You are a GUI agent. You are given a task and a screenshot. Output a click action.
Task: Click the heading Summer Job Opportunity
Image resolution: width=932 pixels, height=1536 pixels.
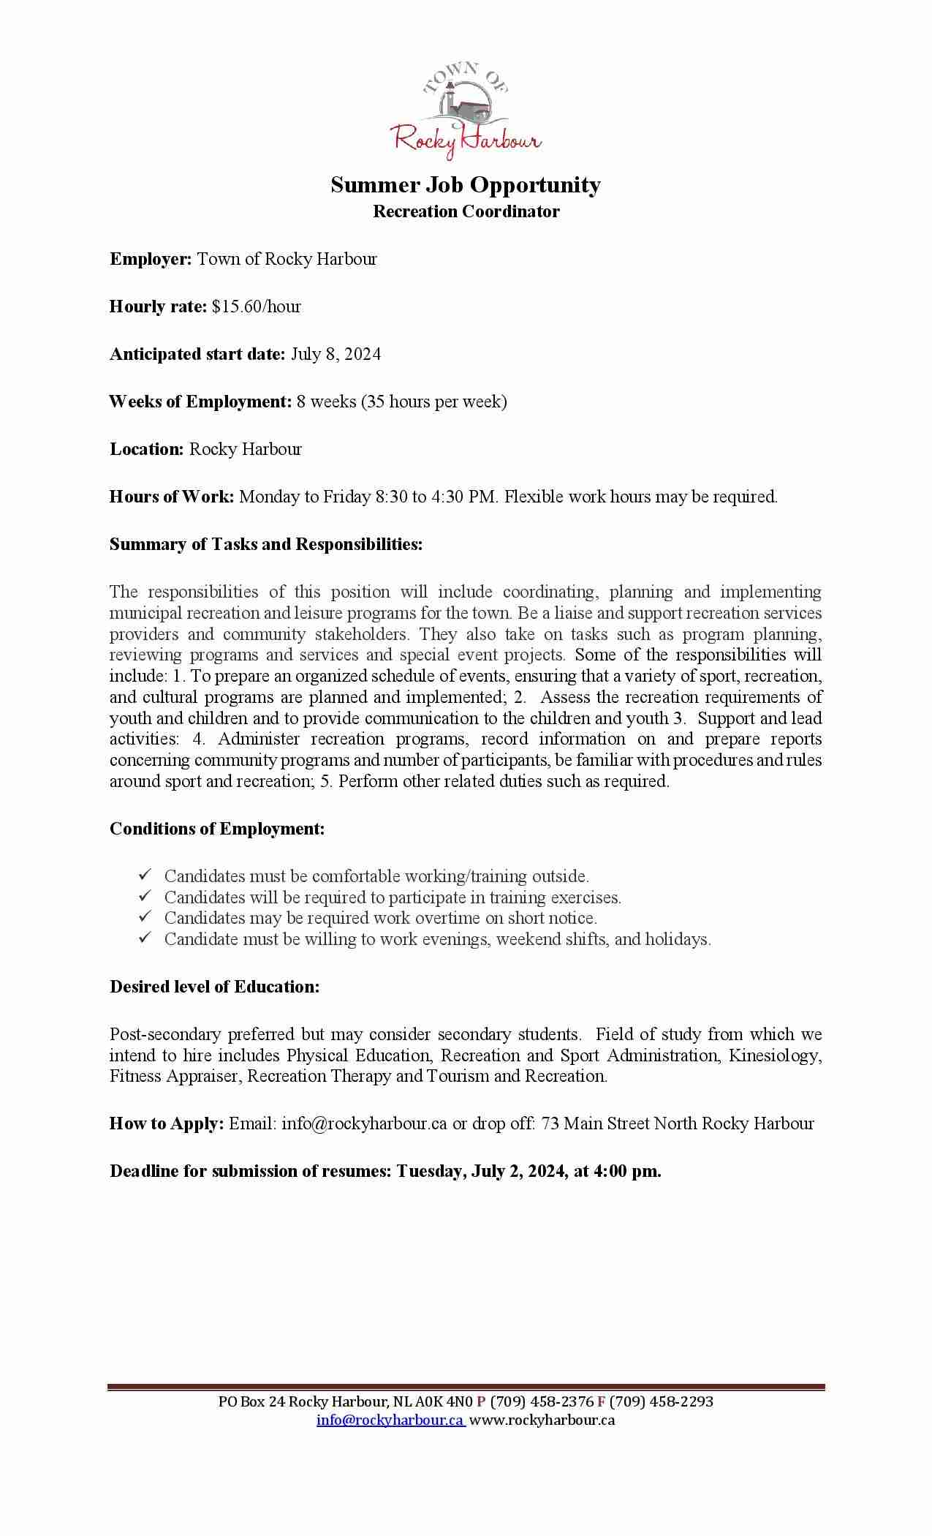(x=466, y=184)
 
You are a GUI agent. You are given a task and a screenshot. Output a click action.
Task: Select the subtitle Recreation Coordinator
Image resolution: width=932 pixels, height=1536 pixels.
(x=466, y=211)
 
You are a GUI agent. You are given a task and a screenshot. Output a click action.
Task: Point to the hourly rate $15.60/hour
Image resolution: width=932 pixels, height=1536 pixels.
(x=257, y=306)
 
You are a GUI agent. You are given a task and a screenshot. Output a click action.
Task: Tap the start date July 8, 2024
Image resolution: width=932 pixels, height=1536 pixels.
(x=336, y=354)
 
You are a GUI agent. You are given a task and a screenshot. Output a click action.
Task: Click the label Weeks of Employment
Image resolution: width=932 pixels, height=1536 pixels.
(x=200, y=402)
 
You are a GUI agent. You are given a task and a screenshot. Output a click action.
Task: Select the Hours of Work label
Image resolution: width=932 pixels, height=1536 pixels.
(x=172, y=497)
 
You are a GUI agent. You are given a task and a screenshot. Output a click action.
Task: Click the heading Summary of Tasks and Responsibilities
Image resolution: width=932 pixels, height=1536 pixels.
(x=266, y=544)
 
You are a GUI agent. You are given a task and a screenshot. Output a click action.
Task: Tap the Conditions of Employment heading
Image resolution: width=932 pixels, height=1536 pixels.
(x=217, y=829)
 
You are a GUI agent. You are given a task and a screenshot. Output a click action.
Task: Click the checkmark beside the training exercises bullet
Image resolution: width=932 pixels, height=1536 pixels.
(x=144, y=895)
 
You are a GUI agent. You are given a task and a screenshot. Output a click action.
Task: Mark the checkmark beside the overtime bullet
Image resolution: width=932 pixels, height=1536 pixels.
(x=144, y=916)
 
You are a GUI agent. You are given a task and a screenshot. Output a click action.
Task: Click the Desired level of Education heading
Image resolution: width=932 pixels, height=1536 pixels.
(x=215, y=987)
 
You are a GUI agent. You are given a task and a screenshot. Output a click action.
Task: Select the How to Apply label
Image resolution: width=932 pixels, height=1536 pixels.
(x=167, y=1123)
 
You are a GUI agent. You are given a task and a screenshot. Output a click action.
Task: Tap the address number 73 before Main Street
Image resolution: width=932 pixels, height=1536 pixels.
(x=550, y=1123)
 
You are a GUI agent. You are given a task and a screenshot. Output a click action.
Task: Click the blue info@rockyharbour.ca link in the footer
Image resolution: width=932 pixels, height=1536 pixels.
(x=390, y=1420)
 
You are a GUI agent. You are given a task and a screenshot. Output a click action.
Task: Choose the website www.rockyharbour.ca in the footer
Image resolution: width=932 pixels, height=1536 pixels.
(x=542, y=1420)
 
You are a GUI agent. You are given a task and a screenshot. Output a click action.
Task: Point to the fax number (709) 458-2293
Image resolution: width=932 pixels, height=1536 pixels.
(x=662, y=1401)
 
